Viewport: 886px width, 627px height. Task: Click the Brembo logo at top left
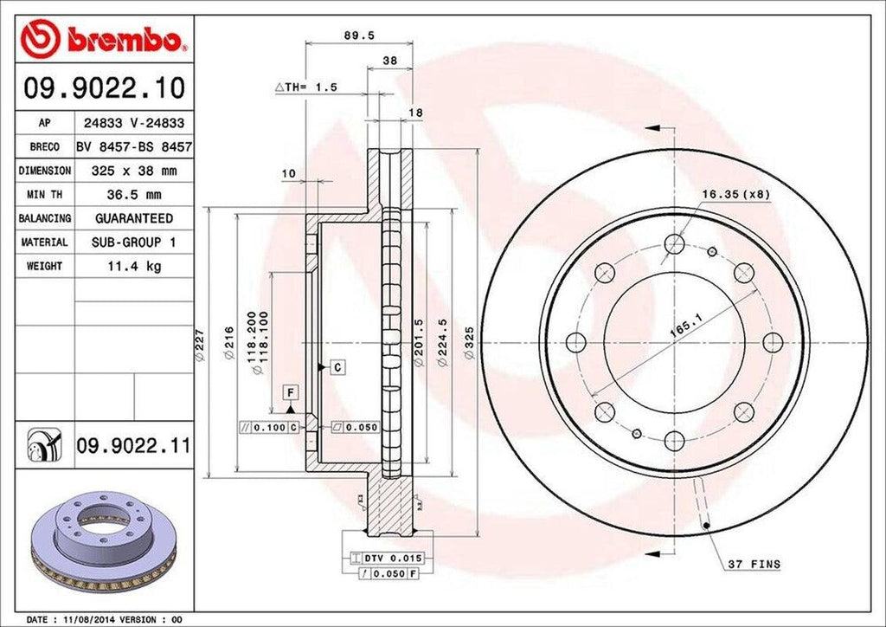[x=104, y=40]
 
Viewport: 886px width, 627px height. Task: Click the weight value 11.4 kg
[x=134, y=266]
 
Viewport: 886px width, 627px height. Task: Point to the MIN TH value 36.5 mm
[x=134, y=195]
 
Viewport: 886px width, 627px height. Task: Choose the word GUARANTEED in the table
[x=134, y=218]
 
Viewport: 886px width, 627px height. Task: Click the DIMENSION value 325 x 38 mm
[x=134, y=171]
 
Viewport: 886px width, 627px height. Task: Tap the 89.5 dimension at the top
[x=350, y=36]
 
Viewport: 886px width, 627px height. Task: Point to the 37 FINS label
[x=753, y=564]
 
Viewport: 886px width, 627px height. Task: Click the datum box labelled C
[x=337, y=367]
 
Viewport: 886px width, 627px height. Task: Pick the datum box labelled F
[x=292, y=393]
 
